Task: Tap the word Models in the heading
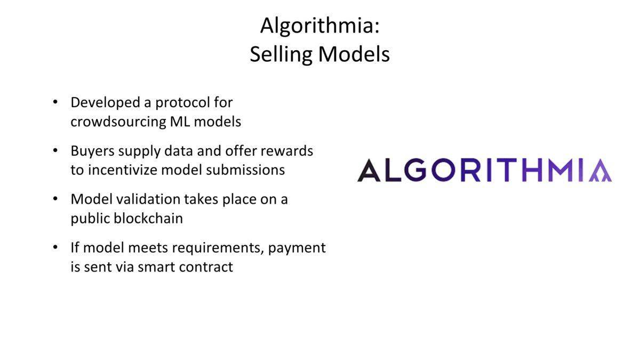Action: click(x=354, y=54)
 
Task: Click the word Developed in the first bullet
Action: click(x=105, y=103)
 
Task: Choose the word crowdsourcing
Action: click(x=118, y=122)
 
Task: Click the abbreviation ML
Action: click(x=180, y=122)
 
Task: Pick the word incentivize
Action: click(x=123, y=170)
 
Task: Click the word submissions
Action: click(x=245, y=170)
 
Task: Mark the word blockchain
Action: click(x=148, y=219)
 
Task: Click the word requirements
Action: click(x=218, y=249)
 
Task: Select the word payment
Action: click(x=297, y=249)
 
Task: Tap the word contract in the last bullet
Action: click(x=206, y=267)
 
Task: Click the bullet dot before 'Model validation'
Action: click(x=55, y=198)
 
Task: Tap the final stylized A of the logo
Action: click(x=601, y=171)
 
